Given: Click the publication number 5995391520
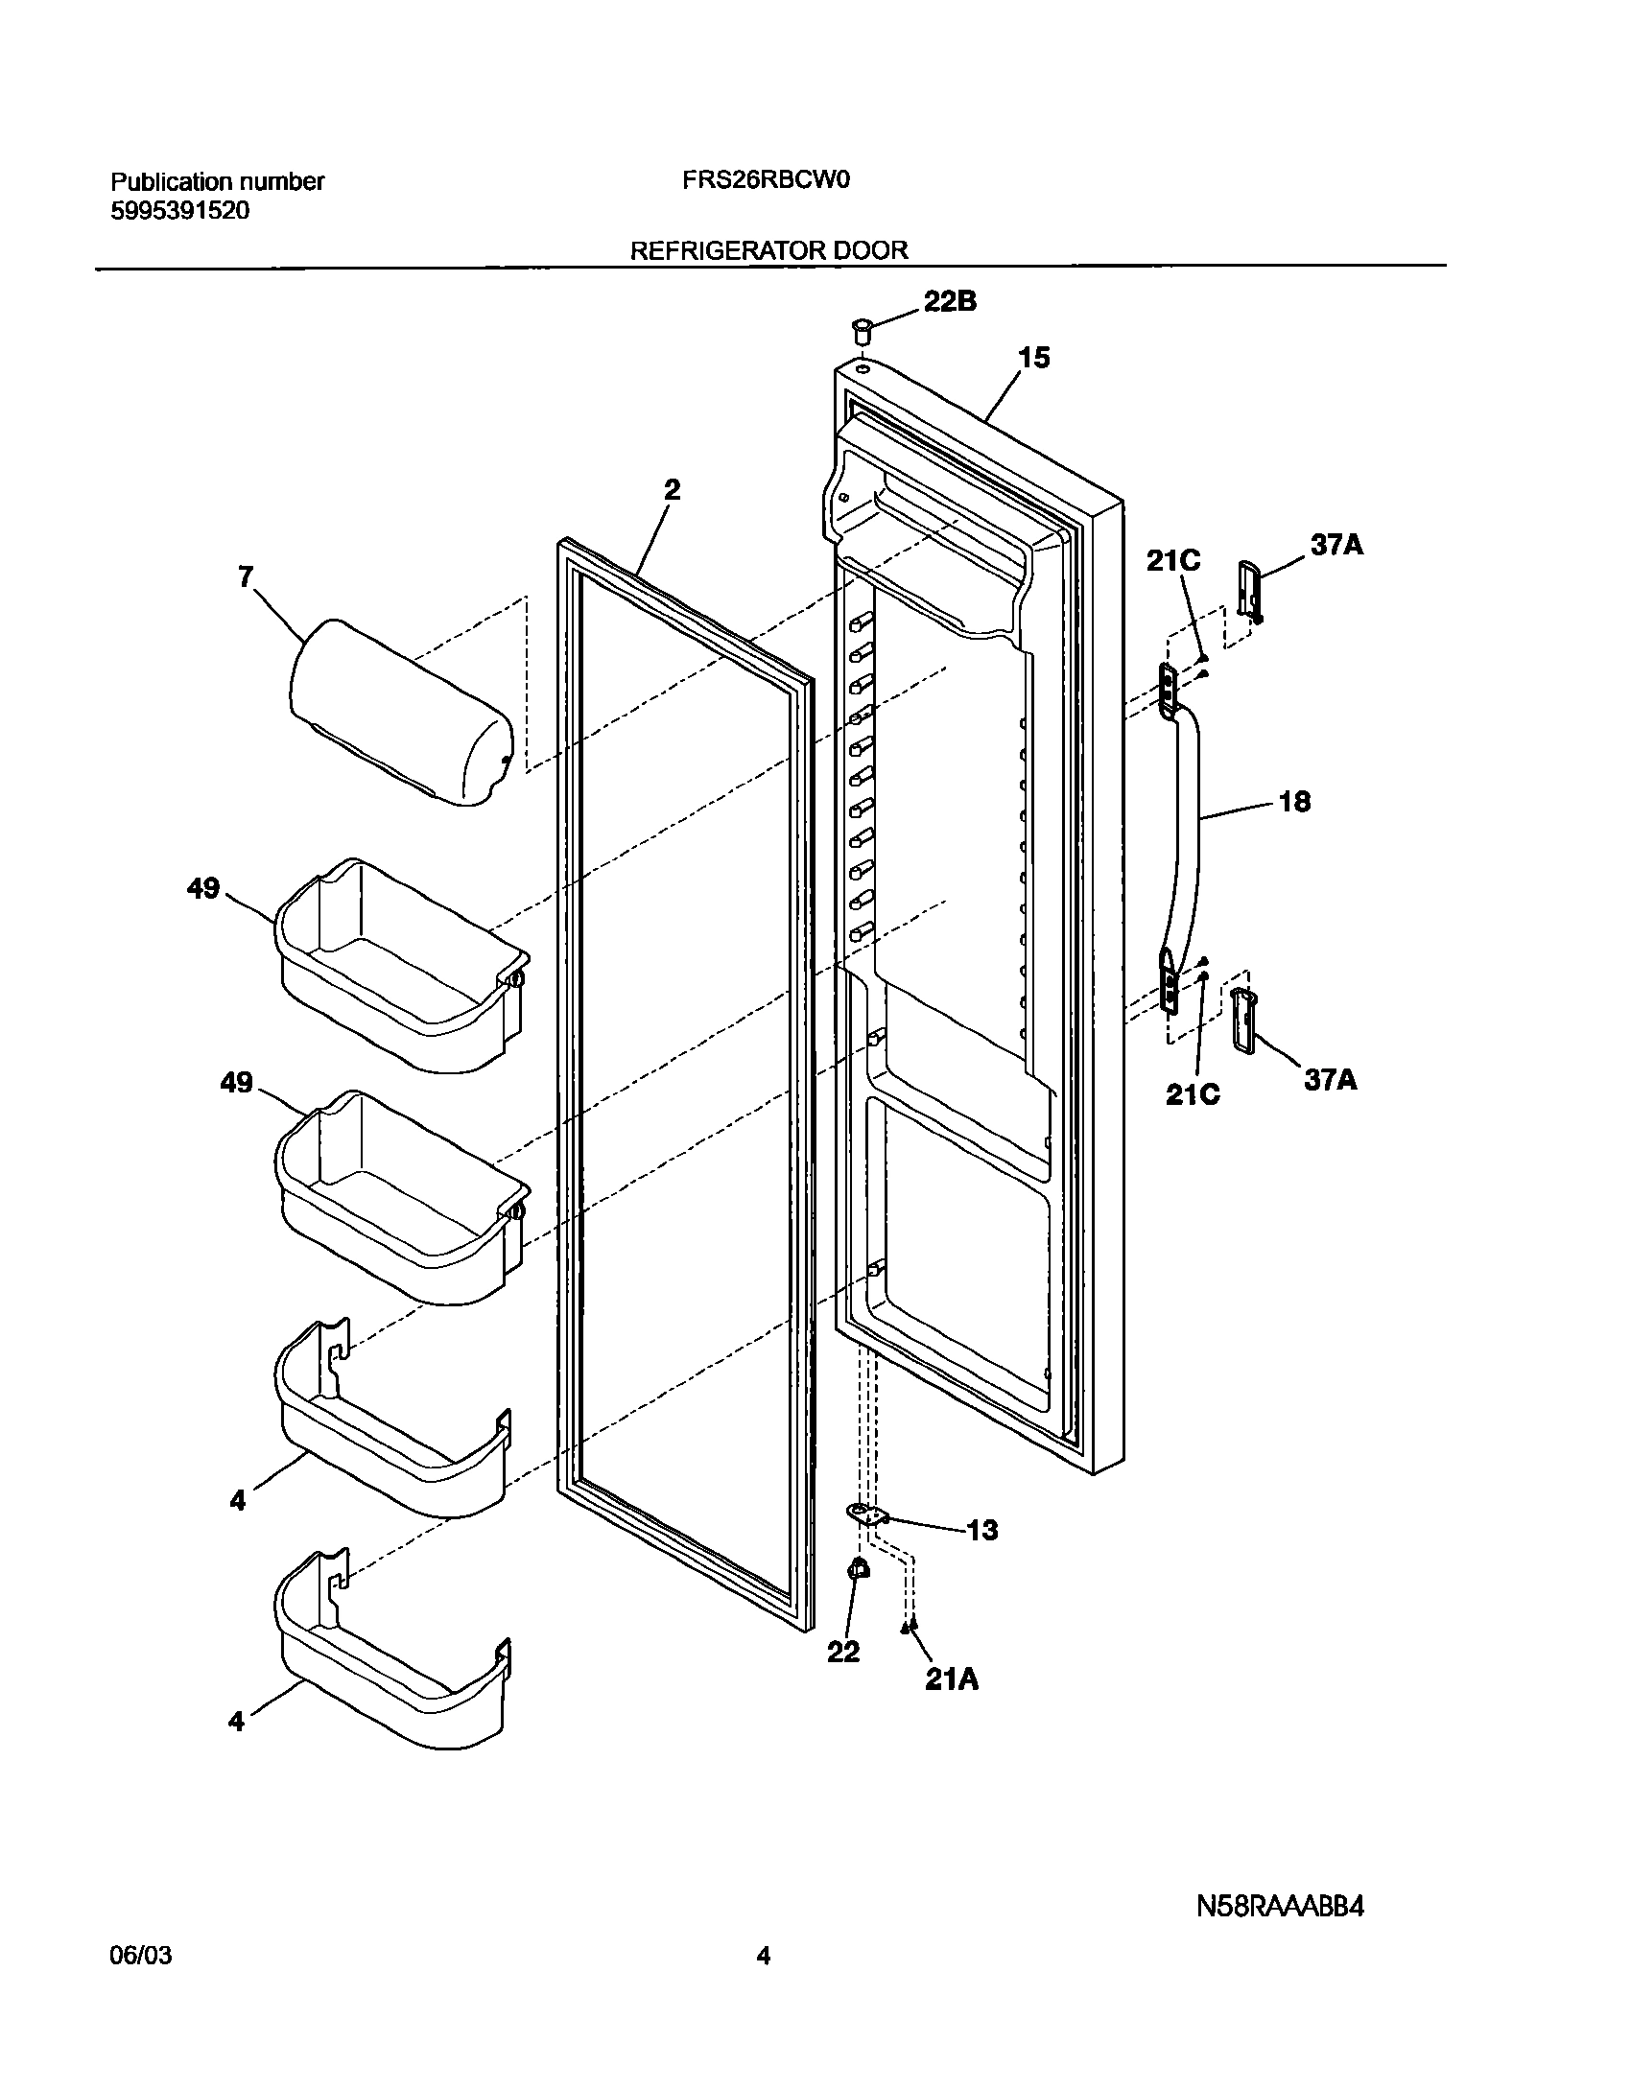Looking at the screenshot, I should pos(180,211).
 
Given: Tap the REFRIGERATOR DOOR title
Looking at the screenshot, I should pos(768,250).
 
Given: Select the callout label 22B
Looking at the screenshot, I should pos(950,301).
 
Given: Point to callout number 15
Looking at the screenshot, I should pos(1033,358).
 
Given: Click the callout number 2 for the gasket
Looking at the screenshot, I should pos(672,490).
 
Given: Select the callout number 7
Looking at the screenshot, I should pos(247,576).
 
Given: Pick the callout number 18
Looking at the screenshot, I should pos(1294,802).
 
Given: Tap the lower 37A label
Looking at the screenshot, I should pos(1330,1080).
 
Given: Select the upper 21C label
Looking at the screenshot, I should pos(1173,561).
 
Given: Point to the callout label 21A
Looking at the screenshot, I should pos(952,1678).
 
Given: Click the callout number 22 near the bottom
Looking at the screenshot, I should pos(843,1652).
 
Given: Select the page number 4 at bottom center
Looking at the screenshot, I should pos(764,1982).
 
